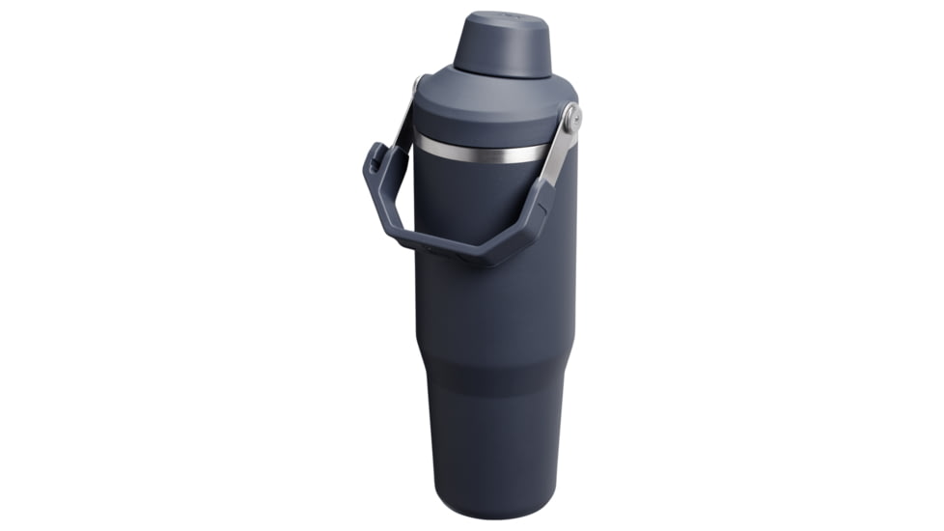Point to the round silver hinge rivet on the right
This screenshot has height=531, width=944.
click(572, 119)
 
